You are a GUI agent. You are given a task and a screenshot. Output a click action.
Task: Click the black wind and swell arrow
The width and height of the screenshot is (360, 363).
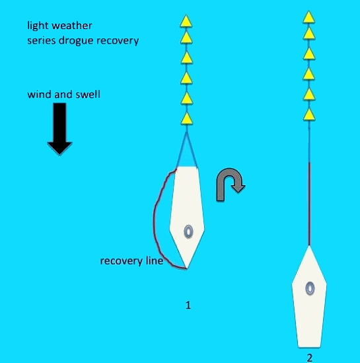pos(59,128)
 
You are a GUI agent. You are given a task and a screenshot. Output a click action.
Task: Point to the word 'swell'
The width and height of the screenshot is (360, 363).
pos(88,95)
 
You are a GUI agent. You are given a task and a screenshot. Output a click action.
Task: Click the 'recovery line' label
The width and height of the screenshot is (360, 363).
pos(132,261)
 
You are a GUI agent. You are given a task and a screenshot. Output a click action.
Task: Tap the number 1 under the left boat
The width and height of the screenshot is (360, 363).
pos(188,305)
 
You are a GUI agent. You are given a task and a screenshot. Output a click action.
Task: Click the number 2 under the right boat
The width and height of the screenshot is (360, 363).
pos(310,358)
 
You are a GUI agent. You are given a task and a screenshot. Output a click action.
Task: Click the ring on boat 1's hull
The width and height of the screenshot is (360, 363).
pos(188,231)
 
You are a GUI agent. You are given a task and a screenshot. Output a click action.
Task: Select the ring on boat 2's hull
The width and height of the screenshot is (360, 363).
pos(310,288)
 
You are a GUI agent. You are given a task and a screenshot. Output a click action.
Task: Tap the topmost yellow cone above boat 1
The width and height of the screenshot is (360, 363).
pos(186,21)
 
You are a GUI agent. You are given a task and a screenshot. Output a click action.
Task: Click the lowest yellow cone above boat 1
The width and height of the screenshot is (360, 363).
pos(187,119)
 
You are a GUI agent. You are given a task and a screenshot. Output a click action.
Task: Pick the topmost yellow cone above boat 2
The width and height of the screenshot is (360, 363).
pos(308,17)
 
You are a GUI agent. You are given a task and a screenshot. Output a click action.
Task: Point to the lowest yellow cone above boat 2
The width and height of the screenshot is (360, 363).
pos(309,114)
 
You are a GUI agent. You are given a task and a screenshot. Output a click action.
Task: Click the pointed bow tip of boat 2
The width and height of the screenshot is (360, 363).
pos(309,245)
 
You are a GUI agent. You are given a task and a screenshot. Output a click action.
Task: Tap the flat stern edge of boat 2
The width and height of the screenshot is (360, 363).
pos(309,347)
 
